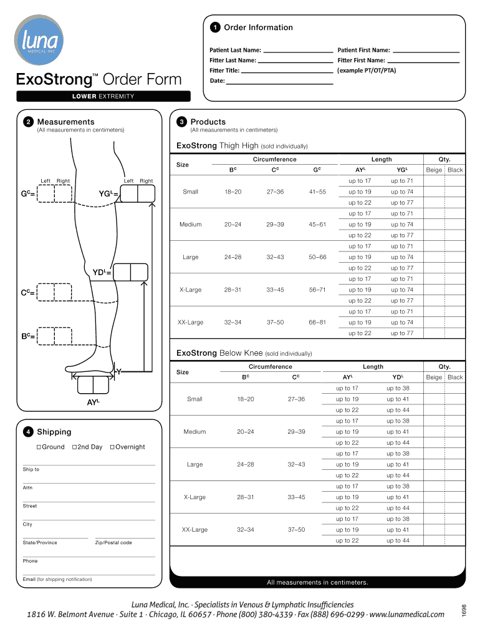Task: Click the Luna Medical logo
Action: click(x=41, y=41)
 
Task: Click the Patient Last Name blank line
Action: click(x=297, y=51)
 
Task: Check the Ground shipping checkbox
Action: click(x=39, y=447)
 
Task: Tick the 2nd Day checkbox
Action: click(x=74, y=447)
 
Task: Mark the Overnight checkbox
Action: click(x=112, y=447)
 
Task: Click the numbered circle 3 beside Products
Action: click(x=181, y=122)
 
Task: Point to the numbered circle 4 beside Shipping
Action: click(x=28, y=432)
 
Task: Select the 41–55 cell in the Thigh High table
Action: click(x=317, y=192)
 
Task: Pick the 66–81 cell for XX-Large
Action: click(x=317, y=322)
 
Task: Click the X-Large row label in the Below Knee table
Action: click(x=194, y=497)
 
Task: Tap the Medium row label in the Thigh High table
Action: click(x=190, y=224)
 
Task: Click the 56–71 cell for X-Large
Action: click(x=317, y=290)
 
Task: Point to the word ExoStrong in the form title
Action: click(x=54, y=80)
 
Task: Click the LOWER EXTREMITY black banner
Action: click(x=103, y=96)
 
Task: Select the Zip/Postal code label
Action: click(x=113, y=543)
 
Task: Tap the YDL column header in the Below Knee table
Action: click(x=397, y=378)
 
